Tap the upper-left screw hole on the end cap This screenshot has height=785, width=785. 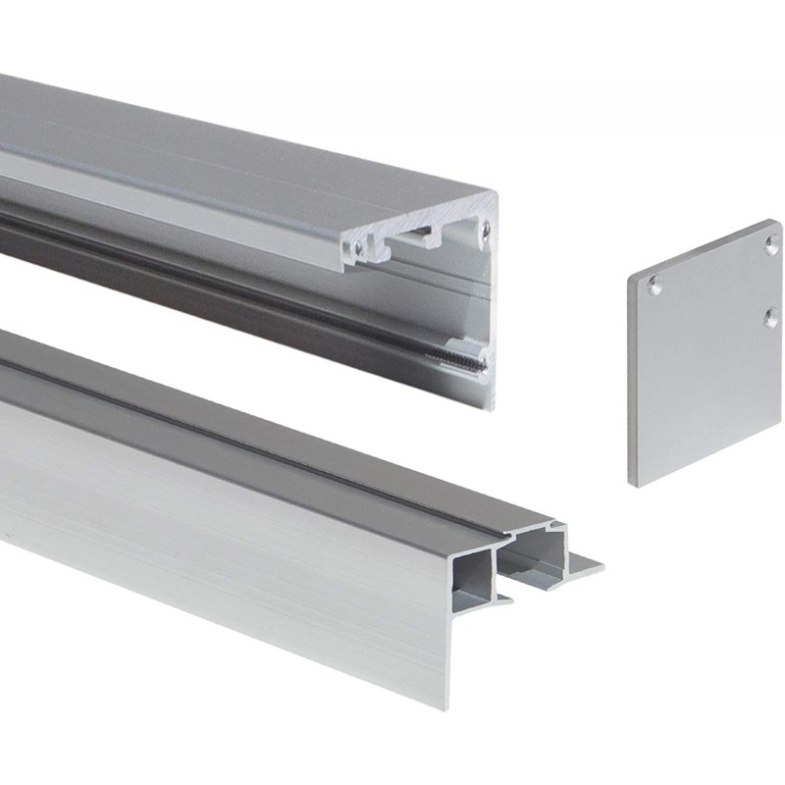(x=654, y=286)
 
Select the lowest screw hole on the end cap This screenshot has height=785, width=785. (x=771, y=316)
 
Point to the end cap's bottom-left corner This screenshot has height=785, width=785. (x=634, y=484)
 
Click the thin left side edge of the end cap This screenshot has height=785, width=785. (x=631, y=383)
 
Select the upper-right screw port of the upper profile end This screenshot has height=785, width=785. (x=485, y=230)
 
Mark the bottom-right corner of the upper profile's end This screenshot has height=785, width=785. (x=492, y=406)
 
